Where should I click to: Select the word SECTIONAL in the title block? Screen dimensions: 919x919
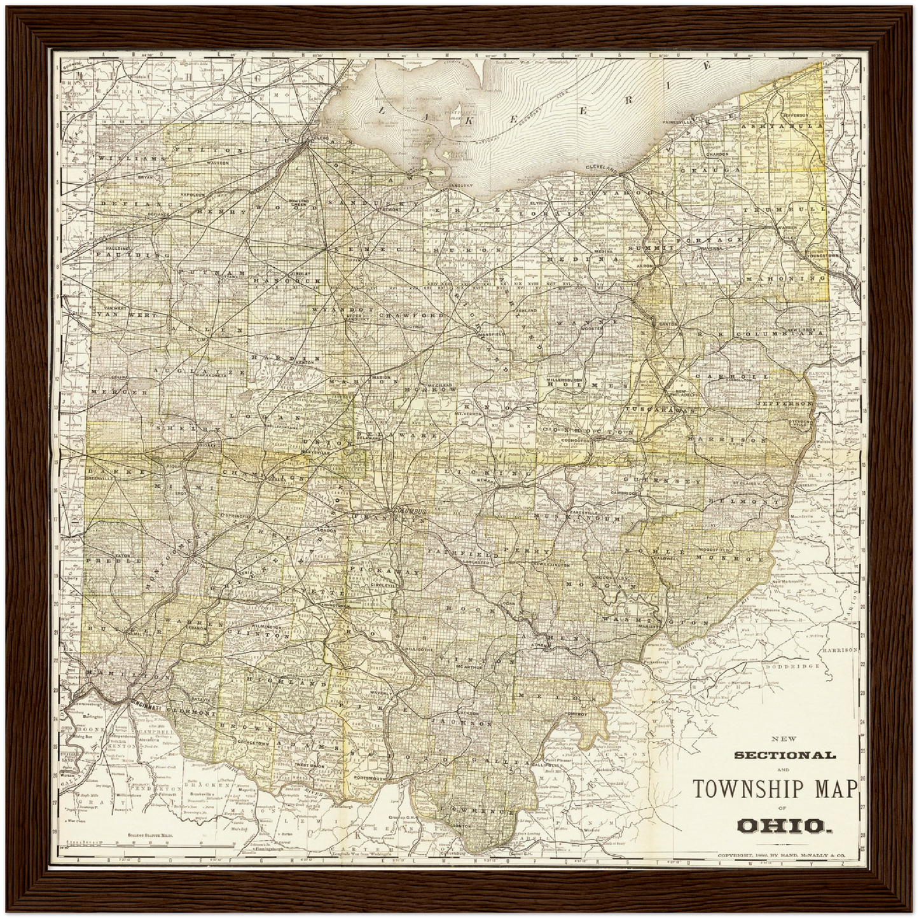(785, 756)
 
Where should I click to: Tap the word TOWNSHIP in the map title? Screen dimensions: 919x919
(747, 789)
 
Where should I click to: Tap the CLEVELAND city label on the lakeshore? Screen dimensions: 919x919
(602, 168)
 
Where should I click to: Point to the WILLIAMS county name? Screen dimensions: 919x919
(127, 157)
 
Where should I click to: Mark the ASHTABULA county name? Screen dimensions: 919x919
(786, 127)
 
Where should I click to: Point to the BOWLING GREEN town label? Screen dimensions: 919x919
(298, 203)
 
